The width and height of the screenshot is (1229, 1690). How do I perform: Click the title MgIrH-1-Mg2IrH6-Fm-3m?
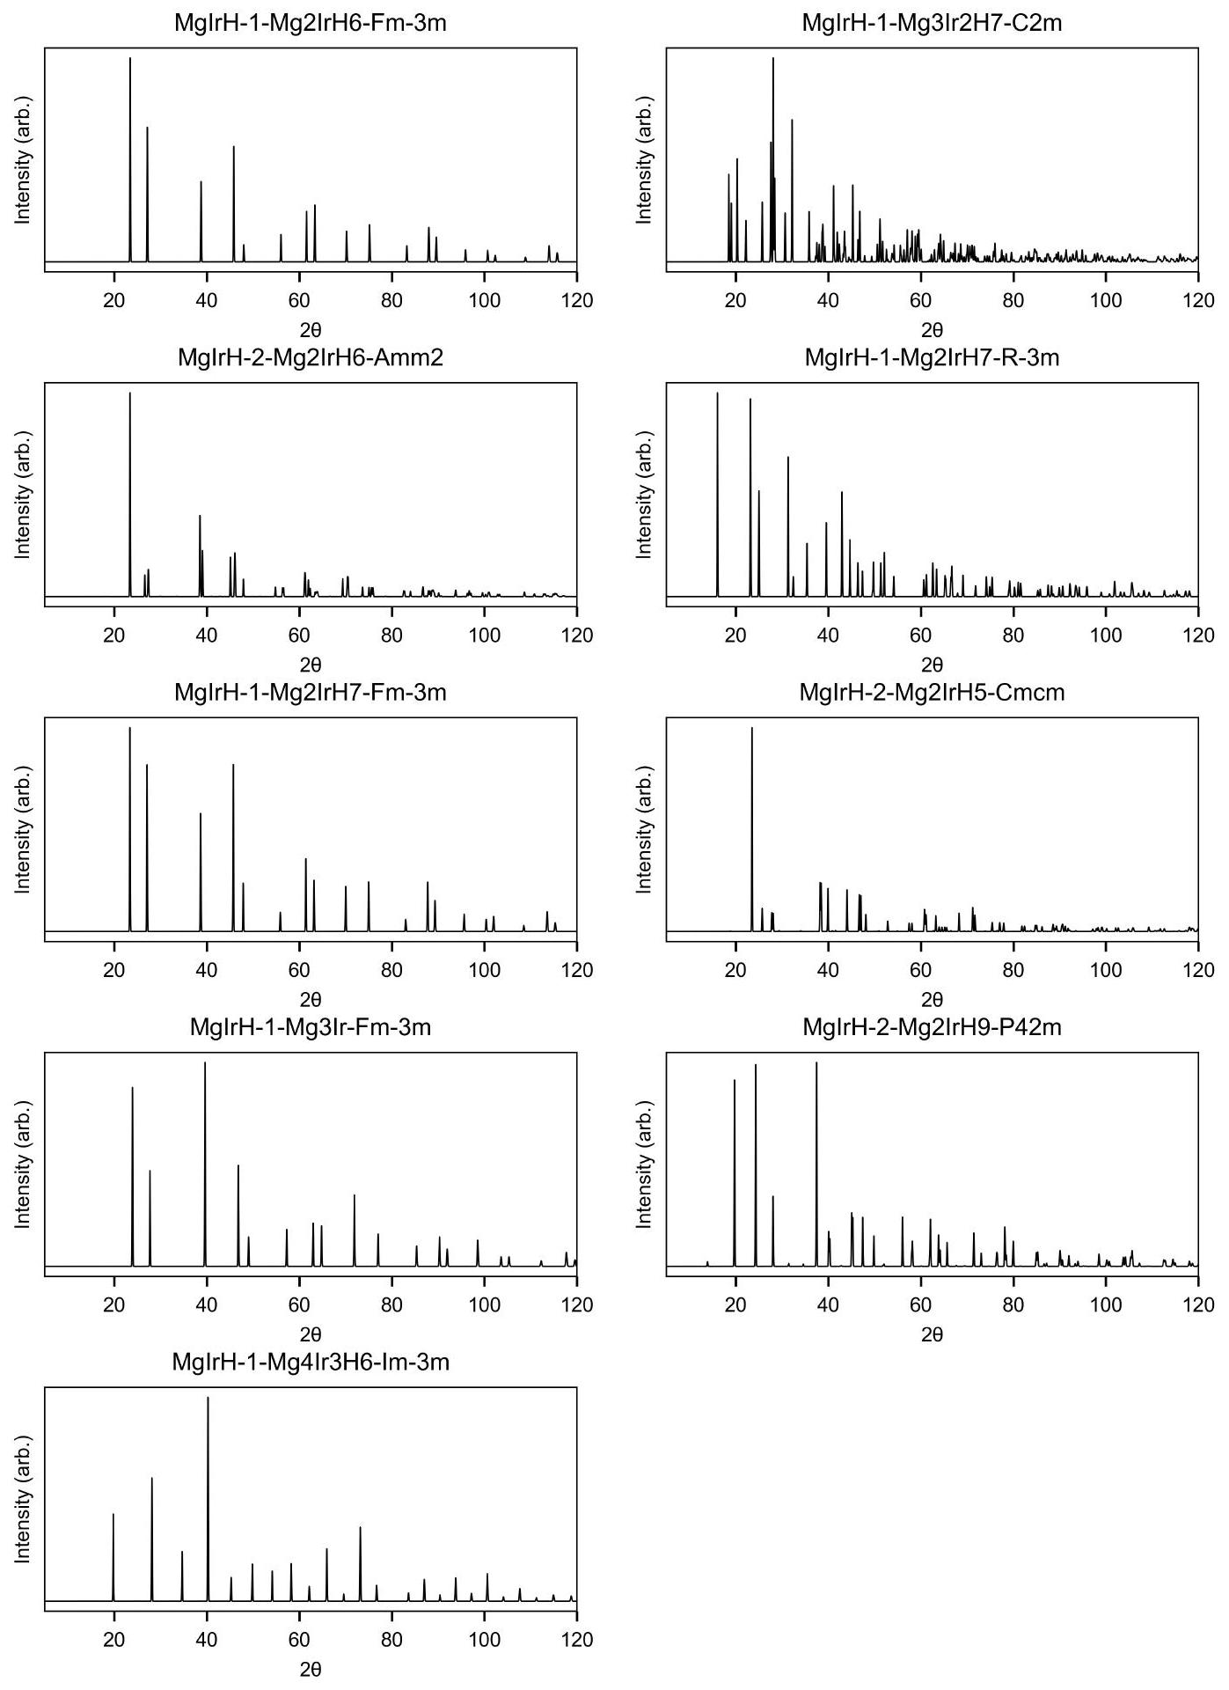(311, 23)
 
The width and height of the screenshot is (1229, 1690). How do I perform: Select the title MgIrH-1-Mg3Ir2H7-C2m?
(932, 23)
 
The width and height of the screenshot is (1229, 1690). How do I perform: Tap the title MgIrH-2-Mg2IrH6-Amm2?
(311, 358)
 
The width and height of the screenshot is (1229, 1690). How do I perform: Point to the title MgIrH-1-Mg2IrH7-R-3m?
(932, 358)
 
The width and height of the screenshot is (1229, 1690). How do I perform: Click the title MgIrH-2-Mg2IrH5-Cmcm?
(932, 693)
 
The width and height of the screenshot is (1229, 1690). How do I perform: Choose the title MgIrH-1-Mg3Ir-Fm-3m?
(311, 1027)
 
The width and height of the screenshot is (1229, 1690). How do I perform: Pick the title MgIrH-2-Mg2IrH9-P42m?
(932, 1027)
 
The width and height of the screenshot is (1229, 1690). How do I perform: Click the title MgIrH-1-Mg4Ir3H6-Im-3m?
(311, 1363)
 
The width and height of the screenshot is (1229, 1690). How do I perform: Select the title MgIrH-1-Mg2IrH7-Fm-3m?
(311, 693)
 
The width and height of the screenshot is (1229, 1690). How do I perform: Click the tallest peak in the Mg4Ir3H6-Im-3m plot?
(208, 1399)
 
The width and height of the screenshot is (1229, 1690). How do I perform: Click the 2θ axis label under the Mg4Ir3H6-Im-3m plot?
(311, 1670)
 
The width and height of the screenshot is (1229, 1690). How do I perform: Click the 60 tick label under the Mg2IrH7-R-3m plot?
(920, 636)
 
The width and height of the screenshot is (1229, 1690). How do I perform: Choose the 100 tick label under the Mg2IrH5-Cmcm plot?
(1105, 970)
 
